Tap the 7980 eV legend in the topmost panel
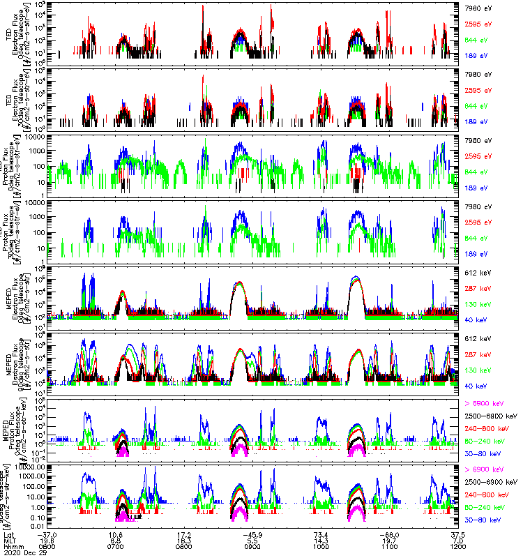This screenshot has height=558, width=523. coord(476,8)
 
